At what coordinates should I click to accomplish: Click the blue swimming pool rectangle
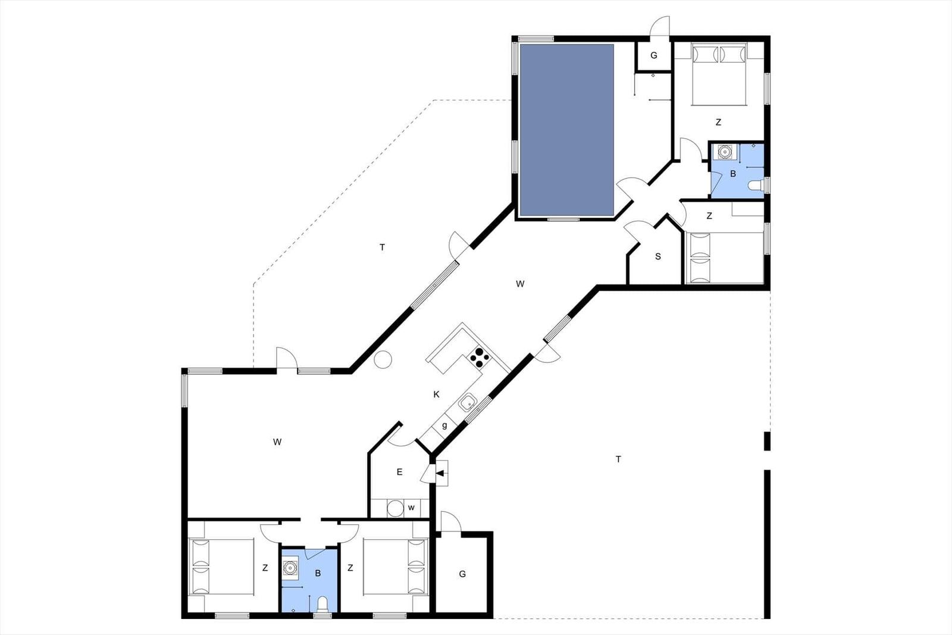click(x=567, y=130)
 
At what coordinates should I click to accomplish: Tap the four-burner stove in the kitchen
click(x=479, y=358)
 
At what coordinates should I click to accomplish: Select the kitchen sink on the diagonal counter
click(x=468, y=402)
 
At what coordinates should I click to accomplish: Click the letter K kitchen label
click(x=436, y=395)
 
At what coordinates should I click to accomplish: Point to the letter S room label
click(x=658, y=256)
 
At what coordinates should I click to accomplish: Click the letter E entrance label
click(x=399, y=472)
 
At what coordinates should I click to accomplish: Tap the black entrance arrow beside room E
click(x=440, y=473)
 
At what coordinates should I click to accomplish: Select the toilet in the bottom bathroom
click(x=323, y=604)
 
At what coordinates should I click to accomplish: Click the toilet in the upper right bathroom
click(x=756, y=186)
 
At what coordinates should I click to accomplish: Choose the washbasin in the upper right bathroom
click(x=724, y=152)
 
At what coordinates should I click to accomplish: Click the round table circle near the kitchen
click(x=383, y=359)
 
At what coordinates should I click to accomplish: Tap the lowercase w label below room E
click(x=411, y=508)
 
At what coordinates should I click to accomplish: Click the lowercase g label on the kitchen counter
click(x=444, y=425)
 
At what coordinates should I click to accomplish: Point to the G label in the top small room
click(x=654, y=55)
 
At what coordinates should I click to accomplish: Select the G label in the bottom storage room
click(x=462, y=574)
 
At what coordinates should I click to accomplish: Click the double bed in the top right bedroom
click(x=719, y=74)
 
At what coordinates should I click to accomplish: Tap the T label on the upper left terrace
click(x=382, y=247)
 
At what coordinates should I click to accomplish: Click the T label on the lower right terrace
click(x=618, y=459)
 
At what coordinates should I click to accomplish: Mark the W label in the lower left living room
click(x=277, y=442)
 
